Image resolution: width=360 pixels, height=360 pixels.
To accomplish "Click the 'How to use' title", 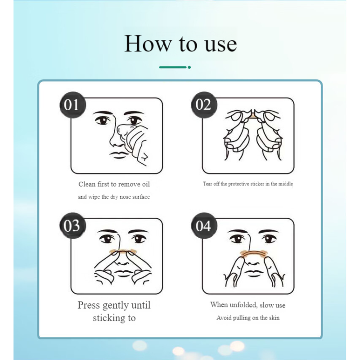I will click(180, 44).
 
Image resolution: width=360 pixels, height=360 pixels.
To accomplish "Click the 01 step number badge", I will click(72, 105).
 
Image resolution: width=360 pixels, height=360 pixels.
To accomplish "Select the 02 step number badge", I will click(203, 105).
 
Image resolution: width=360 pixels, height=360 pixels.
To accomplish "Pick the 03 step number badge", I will click(72, 225).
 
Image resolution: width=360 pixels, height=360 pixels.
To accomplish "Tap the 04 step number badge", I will click(203, 225).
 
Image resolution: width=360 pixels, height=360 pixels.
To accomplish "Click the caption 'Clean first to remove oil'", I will click(114, 184).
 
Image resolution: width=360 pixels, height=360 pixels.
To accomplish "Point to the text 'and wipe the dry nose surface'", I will click(114, 197).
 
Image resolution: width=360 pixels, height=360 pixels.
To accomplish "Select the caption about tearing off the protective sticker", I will click(248, 184).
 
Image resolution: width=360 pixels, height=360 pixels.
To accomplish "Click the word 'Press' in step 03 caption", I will click(89, 305).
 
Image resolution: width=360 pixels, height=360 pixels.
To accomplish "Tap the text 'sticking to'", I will click(114, 318).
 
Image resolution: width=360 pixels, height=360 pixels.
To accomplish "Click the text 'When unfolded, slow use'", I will click(248, 305).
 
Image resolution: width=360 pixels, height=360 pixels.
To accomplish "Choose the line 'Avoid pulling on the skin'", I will click(248, 318).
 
